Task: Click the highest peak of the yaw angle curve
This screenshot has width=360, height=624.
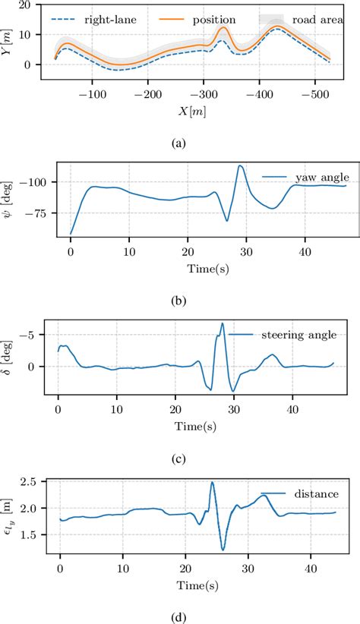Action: [x=241, y=165]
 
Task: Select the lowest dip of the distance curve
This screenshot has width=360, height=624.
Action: [x=223, y=550]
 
